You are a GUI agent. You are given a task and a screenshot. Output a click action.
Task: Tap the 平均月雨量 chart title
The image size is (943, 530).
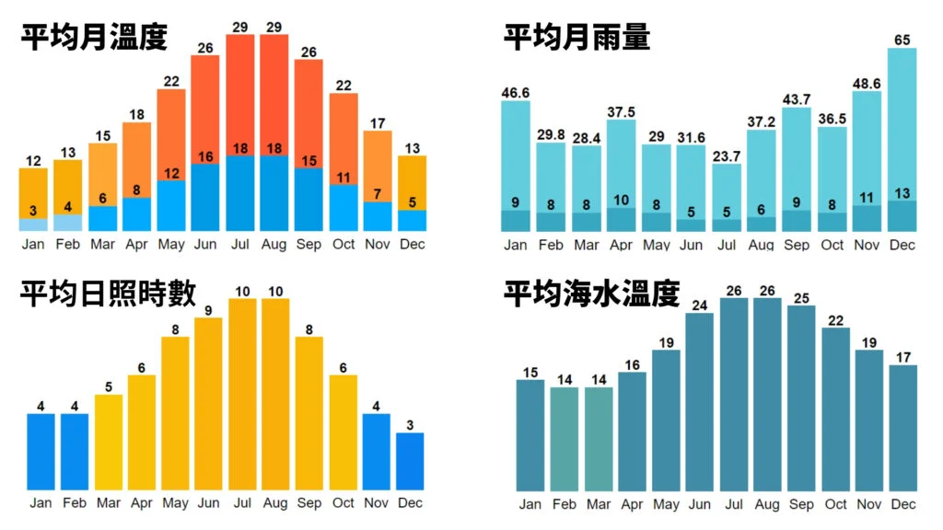point(576,38)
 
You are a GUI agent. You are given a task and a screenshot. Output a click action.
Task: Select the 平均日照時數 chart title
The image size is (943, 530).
point(108,294)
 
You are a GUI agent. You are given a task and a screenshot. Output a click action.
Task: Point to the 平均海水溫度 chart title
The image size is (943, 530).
point(591,294)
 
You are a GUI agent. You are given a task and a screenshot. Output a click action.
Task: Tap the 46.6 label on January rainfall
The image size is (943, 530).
point(516,92)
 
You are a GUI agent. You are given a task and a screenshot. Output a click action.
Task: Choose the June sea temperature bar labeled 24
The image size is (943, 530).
point(699,401)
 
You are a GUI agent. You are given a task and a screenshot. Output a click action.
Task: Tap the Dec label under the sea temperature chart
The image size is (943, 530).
point(903,504)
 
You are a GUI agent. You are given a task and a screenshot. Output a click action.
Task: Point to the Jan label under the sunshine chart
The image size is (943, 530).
point(41,503)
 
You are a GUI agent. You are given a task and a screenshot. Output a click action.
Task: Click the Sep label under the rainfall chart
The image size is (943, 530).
point(797,246)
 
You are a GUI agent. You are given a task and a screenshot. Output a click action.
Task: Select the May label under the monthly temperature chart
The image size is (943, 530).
point(171,246)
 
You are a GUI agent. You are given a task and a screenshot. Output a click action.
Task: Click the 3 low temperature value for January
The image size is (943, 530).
point(33,210)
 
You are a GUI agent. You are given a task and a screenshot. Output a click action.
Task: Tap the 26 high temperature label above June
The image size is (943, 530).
point(205,47)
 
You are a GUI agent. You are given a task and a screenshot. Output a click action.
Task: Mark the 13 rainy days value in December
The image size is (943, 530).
point(902,193)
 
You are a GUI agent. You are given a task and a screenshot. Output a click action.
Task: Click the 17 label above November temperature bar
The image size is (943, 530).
point(378,122)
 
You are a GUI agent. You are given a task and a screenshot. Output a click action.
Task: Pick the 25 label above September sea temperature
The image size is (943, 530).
point(801,297)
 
